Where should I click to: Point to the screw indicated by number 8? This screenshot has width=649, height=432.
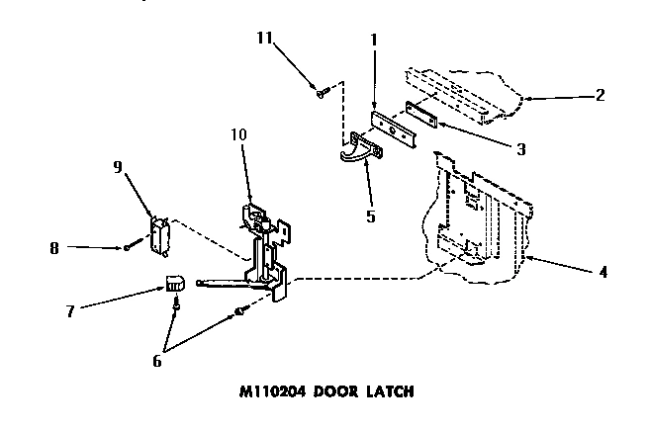[129, 247]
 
